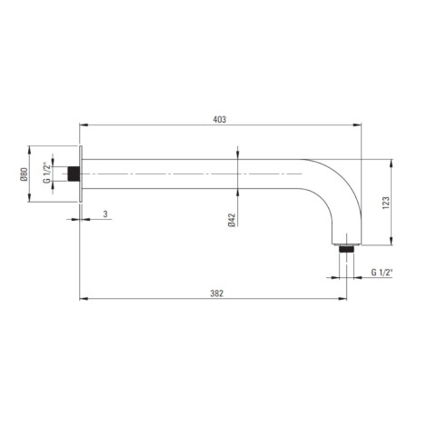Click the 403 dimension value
(x=220, y=120)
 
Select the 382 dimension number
(x=217, y=293)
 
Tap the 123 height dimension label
(x=386, y=203)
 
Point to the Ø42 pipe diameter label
(x=232, y=220)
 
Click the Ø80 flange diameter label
(x=24, y=174)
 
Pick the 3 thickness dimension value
(x=105, y=214)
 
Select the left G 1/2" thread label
(x=46, y=173)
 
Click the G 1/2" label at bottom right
(x=382, y=273)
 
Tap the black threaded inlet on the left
(x=74, y=174)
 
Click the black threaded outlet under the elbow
(x=346, y=249)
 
